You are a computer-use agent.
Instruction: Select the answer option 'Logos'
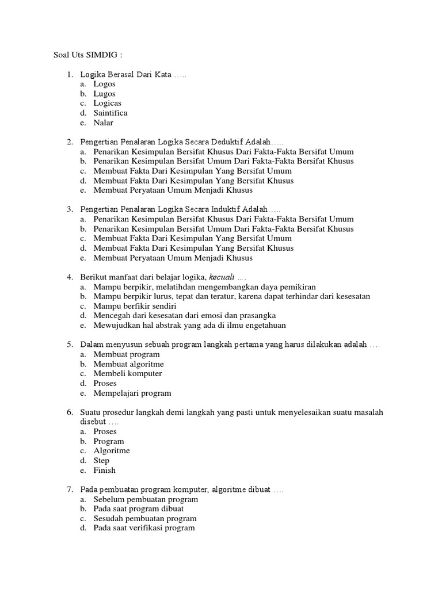pyautogui.click(x=104, y=84)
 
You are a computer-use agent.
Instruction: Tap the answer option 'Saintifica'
pyautogui.click(x=110, y=113)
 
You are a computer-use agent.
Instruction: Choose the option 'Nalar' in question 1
pyautogui.click(x=104, y=123)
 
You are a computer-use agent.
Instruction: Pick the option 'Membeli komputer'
pyautogui.click(x=128, y=373)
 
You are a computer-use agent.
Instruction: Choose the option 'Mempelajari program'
pyautogui.click(x=132, y=393)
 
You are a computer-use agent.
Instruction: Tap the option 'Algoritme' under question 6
pyautogui.click(x=112, y=451)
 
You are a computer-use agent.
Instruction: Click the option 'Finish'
pyautogui.click(x=104, y=470)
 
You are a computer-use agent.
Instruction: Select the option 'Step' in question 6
pyautogui.click(x=101, y=460)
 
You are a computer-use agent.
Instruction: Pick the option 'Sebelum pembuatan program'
pyautogui.click(x=146, y=499)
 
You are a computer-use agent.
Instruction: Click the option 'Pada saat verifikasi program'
pyautogui.click(x=144, y=528)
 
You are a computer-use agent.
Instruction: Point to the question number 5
pyautogui.click(x=69, y=345)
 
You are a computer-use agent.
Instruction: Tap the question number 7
pyautogui.click(x=69, y=489)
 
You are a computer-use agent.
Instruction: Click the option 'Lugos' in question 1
pyautogui.click(x=104, y=94)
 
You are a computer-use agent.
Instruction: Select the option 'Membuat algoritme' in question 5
pyautogui.click(x=128, y=364)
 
